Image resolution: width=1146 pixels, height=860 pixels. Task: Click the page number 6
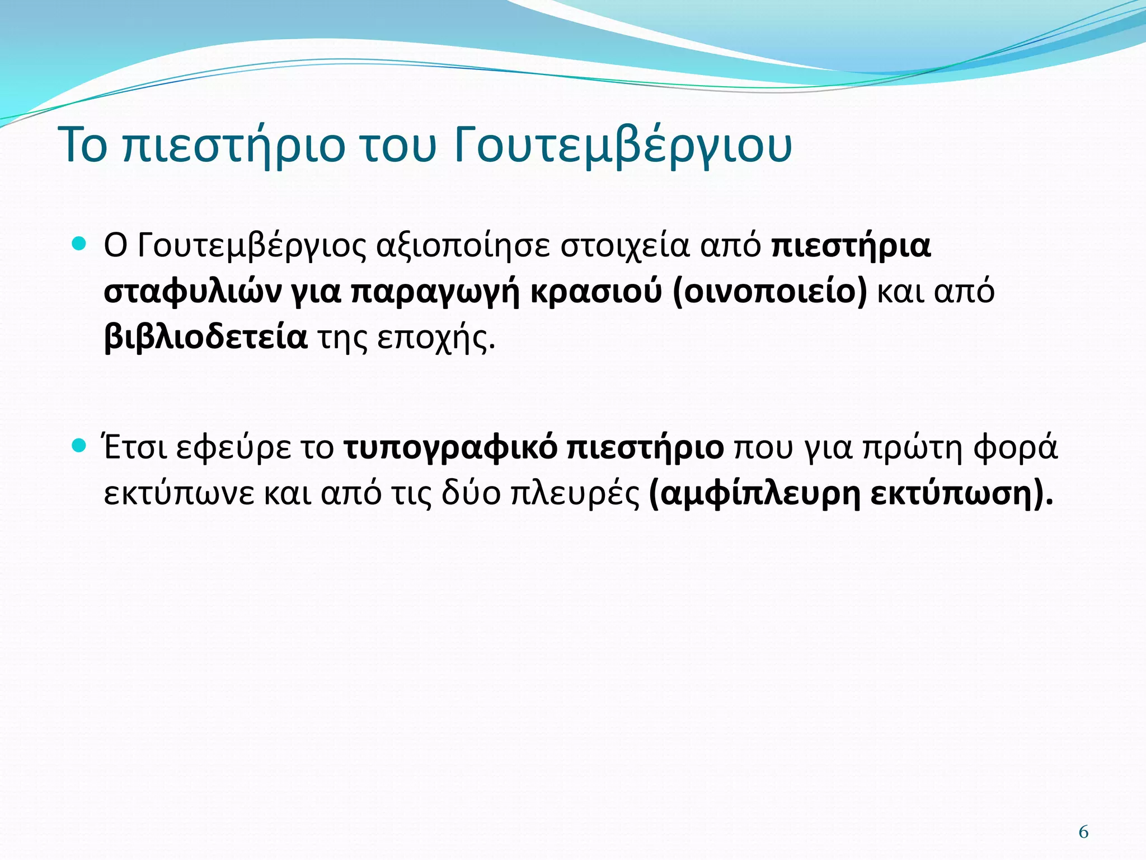[x=1083, y=832]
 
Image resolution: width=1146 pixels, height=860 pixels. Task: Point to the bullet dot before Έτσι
[x=79, y=446]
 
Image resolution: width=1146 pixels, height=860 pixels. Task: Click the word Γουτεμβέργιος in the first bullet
[x=251, y=246]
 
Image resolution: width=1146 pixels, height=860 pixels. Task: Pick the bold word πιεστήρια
[x=851, y=246]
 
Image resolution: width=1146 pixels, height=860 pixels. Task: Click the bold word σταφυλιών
[x=192, y=292]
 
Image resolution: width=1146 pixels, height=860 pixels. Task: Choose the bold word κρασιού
[x=595, y=292]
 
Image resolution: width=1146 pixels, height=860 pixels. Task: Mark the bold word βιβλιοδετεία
[x=205, y=337]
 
